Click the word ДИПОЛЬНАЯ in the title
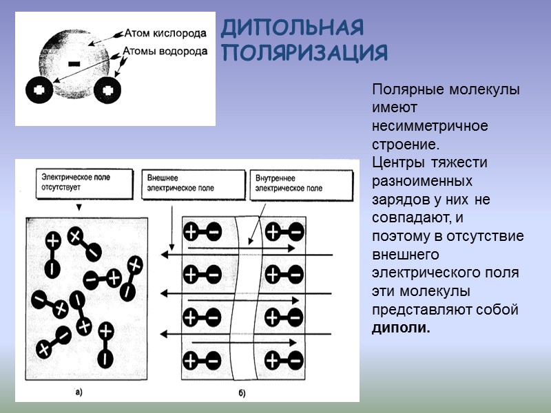pyautogui.click(x=293, y=28)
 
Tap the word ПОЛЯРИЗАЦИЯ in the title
pyautogui.click(x=305, y=53)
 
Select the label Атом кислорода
pyautogui.click(x=165, y=32)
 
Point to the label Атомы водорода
pyautogui.click(x=165, y=51)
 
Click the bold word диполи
pyautogui.click(x=401, y=328)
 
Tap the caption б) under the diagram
pyautogui.click(x=242, y=392)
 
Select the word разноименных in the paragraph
pyautogui.click(x=422, y=181)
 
